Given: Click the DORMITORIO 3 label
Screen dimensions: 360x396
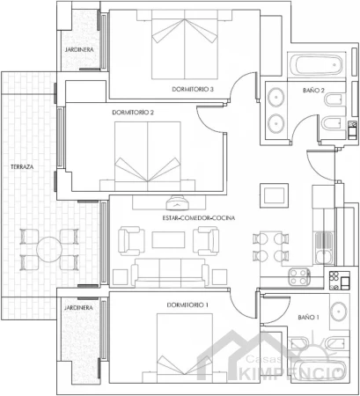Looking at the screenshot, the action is tap(193, 89).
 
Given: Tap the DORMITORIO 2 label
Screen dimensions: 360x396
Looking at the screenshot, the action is tap(133, 113).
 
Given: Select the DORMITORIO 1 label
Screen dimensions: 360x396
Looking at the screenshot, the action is tap(187, 305).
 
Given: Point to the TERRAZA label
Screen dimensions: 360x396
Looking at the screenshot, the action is tap(22, 167).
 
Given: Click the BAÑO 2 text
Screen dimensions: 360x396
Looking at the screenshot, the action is tap(313, 91).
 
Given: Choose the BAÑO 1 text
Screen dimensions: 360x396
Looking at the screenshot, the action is tap(308, 317).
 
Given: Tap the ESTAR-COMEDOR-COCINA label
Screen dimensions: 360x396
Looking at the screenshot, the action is tap(199, 218).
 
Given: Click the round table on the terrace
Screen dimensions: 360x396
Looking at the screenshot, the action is tap(49, 249).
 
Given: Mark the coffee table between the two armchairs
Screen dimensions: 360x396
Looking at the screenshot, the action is tap(168, 239).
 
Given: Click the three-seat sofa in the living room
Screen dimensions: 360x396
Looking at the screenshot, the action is tap(170, 272).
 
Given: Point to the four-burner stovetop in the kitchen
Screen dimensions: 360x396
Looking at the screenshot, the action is tap(299, 276).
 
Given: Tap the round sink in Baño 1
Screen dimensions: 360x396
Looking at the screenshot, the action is tap(339, 312).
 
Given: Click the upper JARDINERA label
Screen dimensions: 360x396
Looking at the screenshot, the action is tap(79, 49).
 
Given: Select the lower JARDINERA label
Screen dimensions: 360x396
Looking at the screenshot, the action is tap(78, 308).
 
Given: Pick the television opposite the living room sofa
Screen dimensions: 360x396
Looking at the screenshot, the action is tap(177, 203).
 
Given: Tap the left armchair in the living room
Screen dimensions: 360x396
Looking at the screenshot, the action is tap(131, 241).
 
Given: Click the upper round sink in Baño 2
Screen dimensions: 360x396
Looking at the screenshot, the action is tap(276, 96).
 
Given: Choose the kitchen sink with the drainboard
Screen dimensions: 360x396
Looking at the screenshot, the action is tap(324, 247).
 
